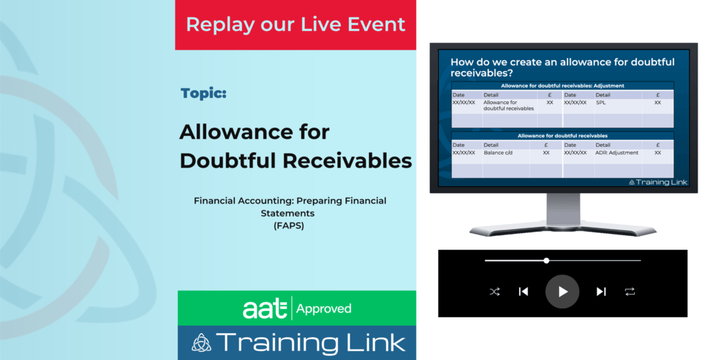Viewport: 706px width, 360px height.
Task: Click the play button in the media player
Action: [563, 292]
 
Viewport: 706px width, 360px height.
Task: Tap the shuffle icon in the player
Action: [494, 292]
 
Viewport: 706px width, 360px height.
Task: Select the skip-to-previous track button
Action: [523, 292]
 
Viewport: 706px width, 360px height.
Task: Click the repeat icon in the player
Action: [630, 292]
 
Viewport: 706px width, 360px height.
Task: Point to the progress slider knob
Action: [546, 261]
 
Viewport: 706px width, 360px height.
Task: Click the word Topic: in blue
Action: [203, 94]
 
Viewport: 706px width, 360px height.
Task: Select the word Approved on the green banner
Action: [323, 309]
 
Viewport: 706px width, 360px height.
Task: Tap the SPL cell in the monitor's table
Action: [601, 102]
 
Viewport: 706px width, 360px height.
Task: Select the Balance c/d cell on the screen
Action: [498, 152]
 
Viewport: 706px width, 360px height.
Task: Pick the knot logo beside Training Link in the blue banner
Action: [201, 343]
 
